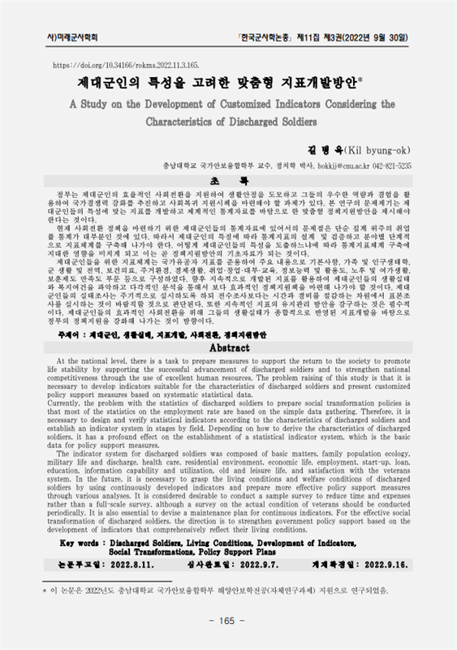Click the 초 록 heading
(x=228, y=179)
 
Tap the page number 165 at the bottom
(x=228, y=620)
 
